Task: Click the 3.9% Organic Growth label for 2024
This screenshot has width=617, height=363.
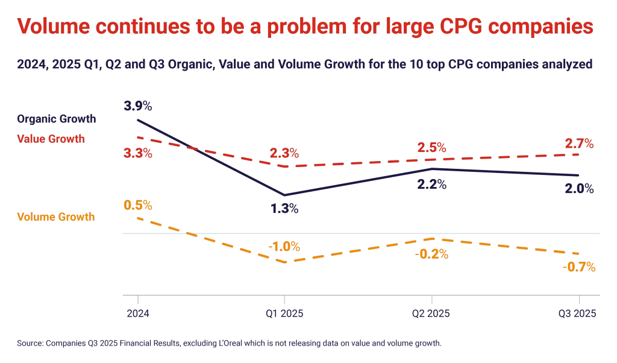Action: pyautogui.click(x=138, y=106)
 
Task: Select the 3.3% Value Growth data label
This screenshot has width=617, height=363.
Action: pyautogui.click(x=138, y=153)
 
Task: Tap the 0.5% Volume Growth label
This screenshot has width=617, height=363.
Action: pyautogui.click(x=138, y=204)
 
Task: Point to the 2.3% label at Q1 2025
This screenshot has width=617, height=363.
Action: pyautogui.click(x=284, y=153)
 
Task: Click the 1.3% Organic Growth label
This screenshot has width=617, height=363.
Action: pyautogui.click(x=284, y=209)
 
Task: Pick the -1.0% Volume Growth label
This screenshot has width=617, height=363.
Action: pyautogui.click(x=284, y=247)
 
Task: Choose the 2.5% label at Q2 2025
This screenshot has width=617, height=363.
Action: pyautogui.click(x=431, y=147)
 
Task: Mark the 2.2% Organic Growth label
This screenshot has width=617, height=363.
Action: pyautogui.click(x=431, y=185)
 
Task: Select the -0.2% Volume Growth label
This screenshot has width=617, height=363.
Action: pyautogui.click(x=431, y=254)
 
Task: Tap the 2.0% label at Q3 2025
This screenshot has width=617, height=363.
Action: pyautogui.click(x=579, y=189)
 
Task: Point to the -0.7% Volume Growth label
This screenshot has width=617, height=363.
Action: pyautogui.click(x=579, y=267)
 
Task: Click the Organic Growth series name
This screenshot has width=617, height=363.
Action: pyautogui.click(x=57, y=119)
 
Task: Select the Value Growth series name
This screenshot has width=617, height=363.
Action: pyautogui.click(x=51, y=139)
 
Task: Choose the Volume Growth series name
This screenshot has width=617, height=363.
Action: pyautogui.click(x=56, y=216)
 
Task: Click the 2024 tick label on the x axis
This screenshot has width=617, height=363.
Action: pyautogui.click(x=138, y=314)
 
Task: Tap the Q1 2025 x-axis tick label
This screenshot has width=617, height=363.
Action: pyautogui.click(x=284, y=314)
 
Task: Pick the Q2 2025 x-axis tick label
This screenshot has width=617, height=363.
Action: pyautogui.click(x=431, y=314)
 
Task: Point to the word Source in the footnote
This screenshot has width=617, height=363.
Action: pyautogui.click(x=30, y=343)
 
